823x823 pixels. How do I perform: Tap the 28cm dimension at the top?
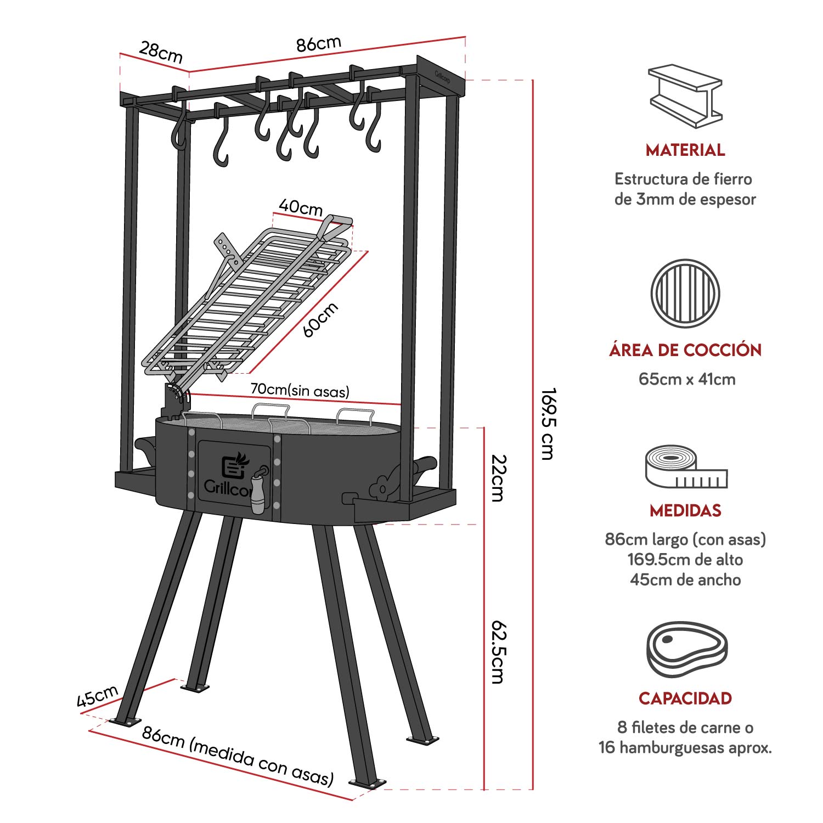160,52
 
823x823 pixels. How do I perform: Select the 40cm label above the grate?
300,207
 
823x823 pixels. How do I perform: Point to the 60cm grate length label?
320,319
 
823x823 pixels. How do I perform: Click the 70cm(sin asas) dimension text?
300,390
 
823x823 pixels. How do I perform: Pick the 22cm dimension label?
498,477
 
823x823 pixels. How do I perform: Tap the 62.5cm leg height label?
498,652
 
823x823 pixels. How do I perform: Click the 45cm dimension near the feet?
97,696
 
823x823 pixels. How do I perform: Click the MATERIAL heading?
685,150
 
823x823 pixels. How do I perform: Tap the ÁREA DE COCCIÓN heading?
685,350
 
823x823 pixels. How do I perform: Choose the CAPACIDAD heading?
685,698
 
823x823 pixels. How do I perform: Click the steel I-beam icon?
685,95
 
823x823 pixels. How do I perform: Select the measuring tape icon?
685,467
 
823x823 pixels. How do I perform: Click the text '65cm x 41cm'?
686,379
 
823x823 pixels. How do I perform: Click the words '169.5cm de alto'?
685,560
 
